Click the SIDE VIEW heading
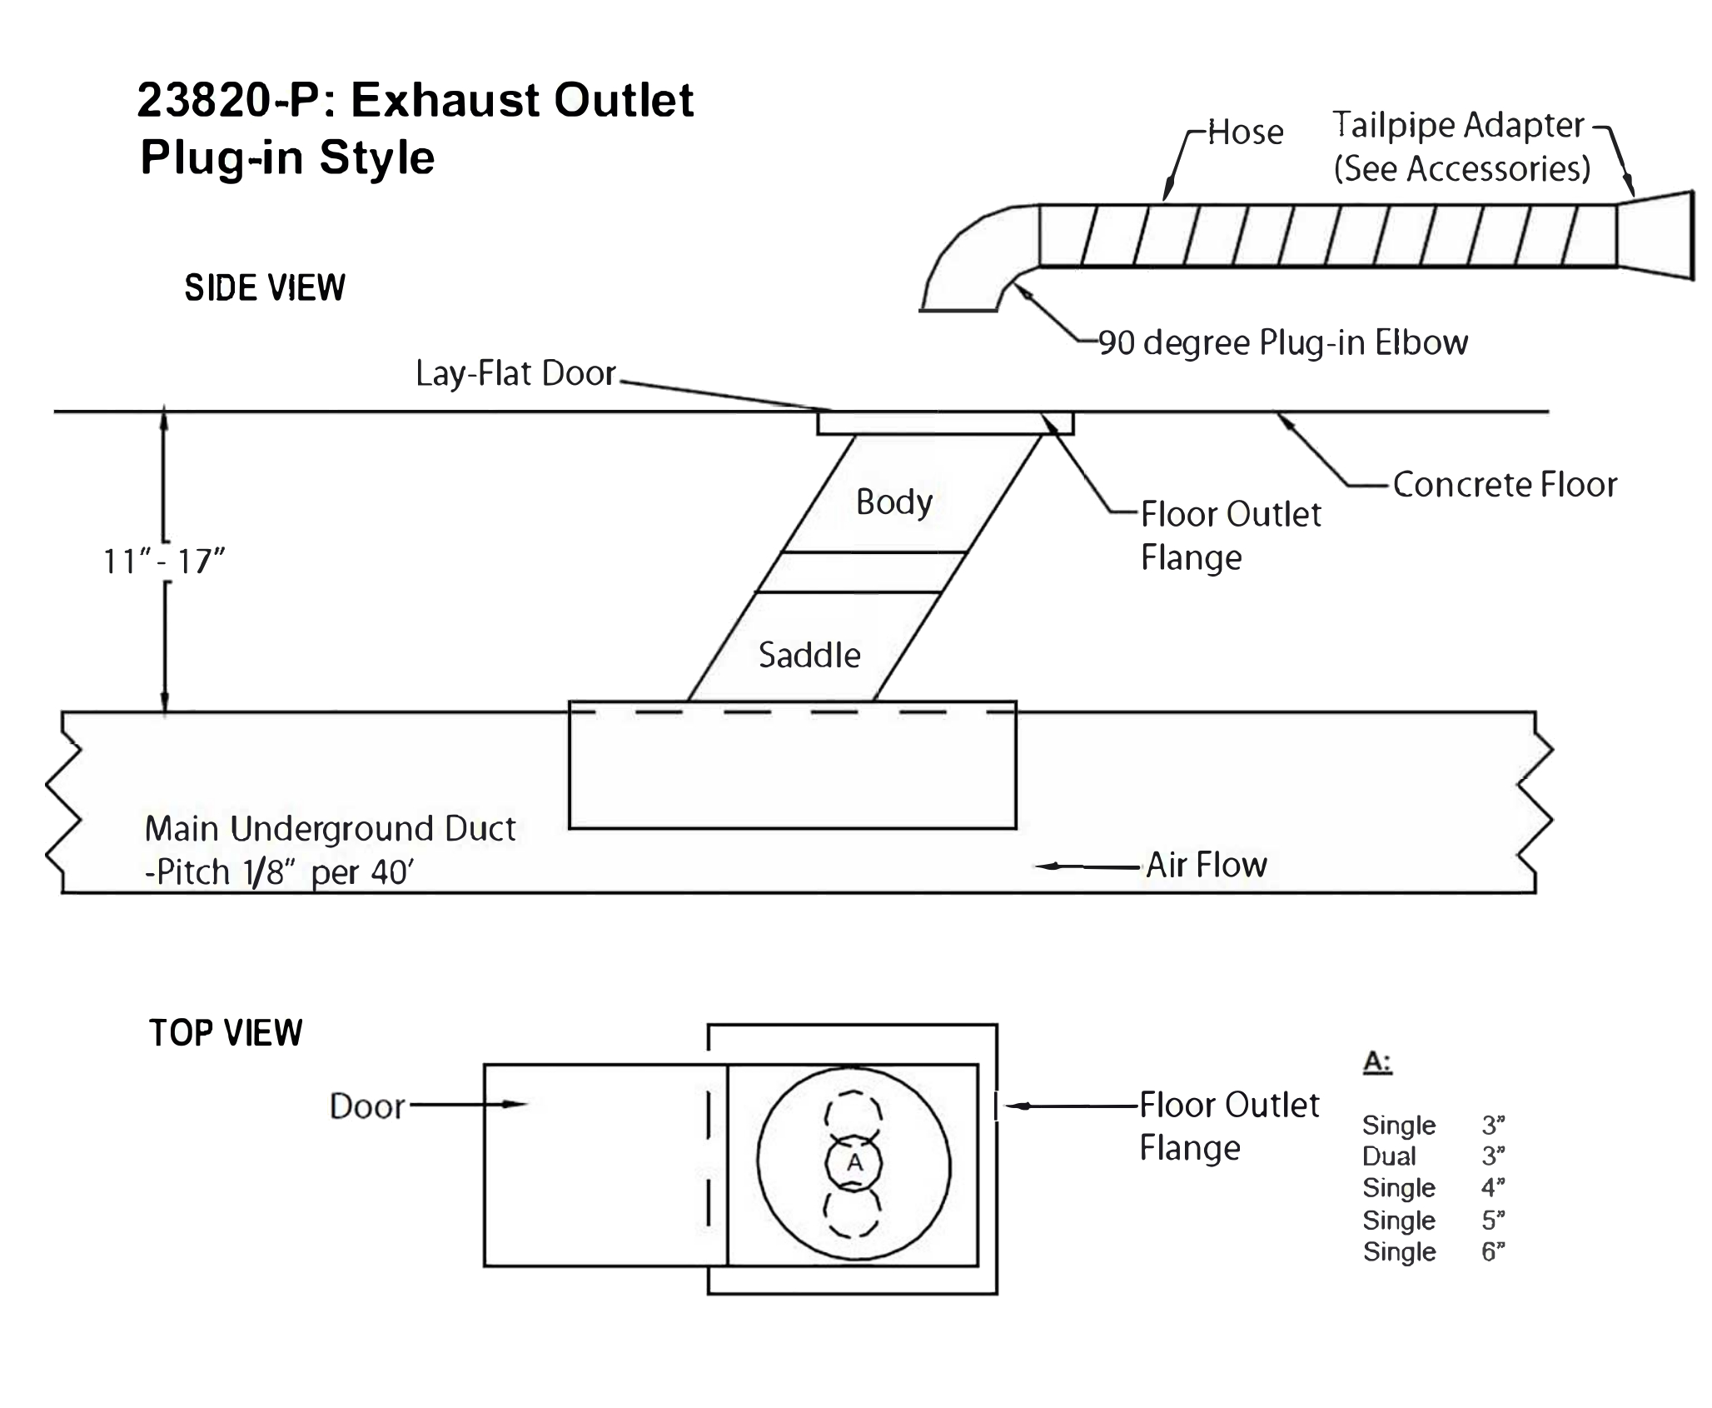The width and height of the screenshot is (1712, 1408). pos(265,288)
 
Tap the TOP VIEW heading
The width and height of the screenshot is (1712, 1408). pos(226,1033)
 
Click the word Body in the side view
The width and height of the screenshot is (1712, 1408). pos(893,502)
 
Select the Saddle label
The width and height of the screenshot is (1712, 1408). pos(809,656)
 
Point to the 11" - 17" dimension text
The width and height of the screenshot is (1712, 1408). pos(164,562)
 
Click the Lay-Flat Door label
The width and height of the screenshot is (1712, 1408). pos(515,374)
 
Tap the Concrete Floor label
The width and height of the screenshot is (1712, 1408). pos(1505,485)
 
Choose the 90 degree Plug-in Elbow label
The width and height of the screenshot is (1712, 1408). pos(1282,343)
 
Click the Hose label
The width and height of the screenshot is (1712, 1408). pos(1245,132)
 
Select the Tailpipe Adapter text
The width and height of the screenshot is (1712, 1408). pos(1458,126)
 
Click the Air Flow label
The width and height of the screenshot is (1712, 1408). pos(1207,866)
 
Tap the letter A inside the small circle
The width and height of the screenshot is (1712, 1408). pos(854,1162)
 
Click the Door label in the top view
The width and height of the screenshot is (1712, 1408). pos(367,1106)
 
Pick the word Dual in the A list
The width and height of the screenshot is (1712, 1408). pos(1389,1156)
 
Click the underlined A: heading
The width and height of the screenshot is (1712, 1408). pos(1377,1062)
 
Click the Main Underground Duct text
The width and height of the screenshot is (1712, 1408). pos(330,830)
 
